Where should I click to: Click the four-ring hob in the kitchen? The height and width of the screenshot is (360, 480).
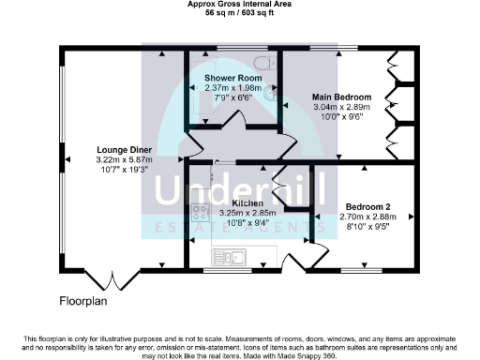point(201,214)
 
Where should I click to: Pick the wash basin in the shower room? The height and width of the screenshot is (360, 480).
point(272,93)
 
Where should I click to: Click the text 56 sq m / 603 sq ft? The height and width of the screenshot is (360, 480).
point(240,16)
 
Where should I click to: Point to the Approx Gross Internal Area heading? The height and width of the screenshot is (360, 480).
point(240,7)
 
